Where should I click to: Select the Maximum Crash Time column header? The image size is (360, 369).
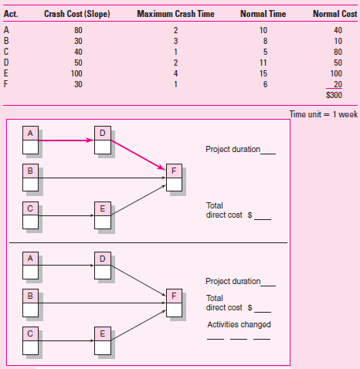(x=176, y=15)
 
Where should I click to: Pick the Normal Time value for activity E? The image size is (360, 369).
(x=263, y=73)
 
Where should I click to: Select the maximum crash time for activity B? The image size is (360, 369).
(x=175, y=40)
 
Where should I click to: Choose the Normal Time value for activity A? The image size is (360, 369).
(x=263, y=29)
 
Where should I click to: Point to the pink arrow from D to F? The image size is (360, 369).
(x=139, y=154)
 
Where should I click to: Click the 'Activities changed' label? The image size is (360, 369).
(x=239, y=323)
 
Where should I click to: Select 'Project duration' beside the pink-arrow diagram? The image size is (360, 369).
(x=233, y=149)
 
